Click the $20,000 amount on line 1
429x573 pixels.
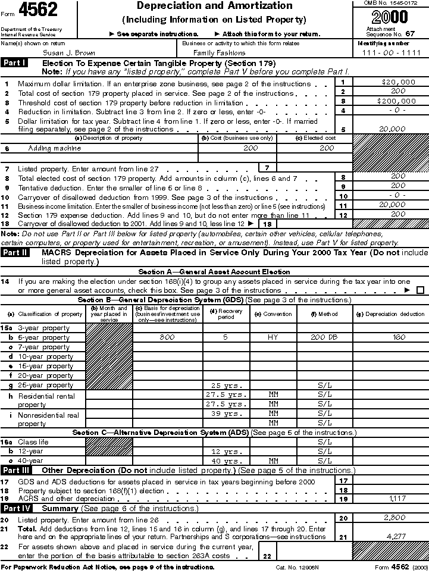click(399, 82)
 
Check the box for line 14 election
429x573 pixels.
click(421, 290)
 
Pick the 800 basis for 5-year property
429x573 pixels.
click(167, 337)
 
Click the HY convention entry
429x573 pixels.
click(273, 337)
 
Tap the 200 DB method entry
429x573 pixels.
click(324, 337)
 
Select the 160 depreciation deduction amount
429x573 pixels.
click(399, 337)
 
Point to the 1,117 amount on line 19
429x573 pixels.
click(398, 498)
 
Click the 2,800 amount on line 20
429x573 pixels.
click(398, 518)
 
